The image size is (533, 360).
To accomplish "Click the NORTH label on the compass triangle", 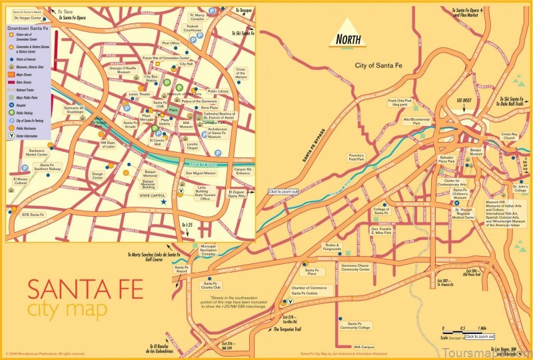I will coord(348,39).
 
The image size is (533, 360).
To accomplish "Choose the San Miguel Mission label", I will coord(201,173).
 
